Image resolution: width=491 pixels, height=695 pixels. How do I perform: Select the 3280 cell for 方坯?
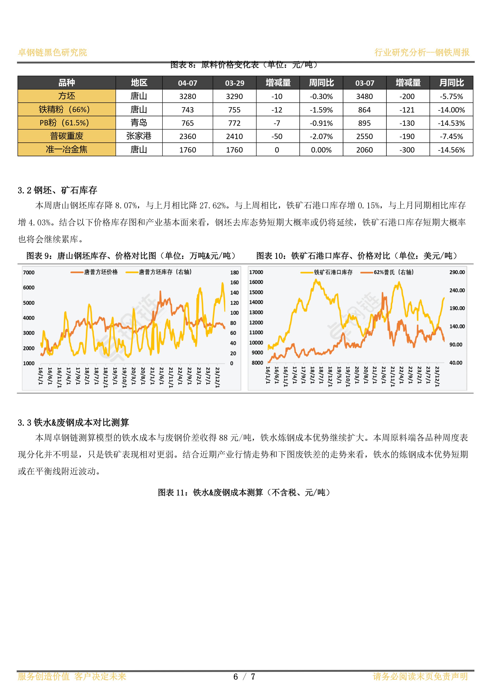point(188,96)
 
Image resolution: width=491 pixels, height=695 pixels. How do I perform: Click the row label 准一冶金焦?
point(66,150)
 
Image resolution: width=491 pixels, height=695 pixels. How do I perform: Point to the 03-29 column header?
point(235,83)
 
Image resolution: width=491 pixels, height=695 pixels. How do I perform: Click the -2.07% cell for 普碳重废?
point(321,136)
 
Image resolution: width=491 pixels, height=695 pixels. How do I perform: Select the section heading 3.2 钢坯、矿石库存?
point(57,190)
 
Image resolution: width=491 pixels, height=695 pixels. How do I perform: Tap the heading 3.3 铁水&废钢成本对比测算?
point(73,422)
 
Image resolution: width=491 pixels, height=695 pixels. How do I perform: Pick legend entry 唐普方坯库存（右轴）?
point(159,272)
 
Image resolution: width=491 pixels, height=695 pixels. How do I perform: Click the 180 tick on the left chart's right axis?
point(235,272)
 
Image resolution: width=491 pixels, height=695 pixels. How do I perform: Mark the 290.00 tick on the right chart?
point(457,272)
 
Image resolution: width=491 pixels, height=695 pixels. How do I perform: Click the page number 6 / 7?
point(244,677)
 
